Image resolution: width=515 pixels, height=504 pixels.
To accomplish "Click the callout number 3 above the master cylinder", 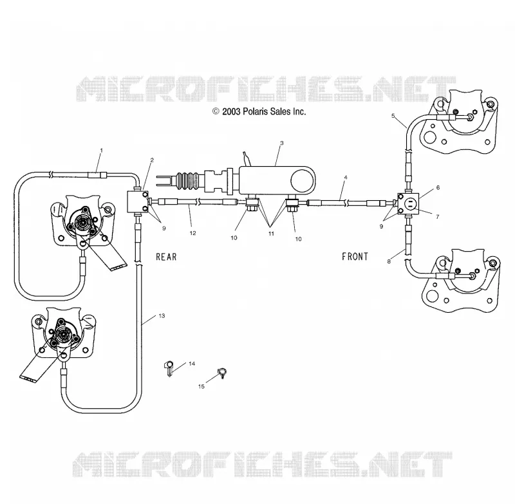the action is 281,143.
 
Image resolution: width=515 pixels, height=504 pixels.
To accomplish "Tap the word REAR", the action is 166,257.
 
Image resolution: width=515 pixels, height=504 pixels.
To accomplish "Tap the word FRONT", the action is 355,256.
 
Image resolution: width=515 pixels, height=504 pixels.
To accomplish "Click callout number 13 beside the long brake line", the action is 162,316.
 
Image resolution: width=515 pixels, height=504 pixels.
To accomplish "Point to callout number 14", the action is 192,364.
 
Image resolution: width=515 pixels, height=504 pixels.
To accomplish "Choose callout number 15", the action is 201,386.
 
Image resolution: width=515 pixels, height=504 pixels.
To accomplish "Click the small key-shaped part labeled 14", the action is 169,368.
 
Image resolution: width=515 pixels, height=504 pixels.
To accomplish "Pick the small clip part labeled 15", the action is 222,373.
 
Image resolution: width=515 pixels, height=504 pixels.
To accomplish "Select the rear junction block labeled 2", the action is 138,201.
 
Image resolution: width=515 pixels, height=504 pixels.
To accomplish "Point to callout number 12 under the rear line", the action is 192,233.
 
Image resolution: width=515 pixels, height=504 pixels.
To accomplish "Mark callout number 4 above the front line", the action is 346,177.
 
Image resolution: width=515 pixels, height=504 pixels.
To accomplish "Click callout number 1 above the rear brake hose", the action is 101,151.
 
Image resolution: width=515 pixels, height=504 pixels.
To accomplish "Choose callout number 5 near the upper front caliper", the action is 393,116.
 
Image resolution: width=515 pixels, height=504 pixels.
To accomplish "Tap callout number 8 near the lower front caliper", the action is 389,261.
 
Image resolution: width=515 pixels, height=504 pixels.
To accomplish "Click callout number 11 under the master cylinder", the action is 271,234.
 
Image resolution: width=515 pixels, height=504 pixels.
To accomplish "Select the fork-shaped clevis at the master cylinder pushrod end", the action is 162,181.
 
